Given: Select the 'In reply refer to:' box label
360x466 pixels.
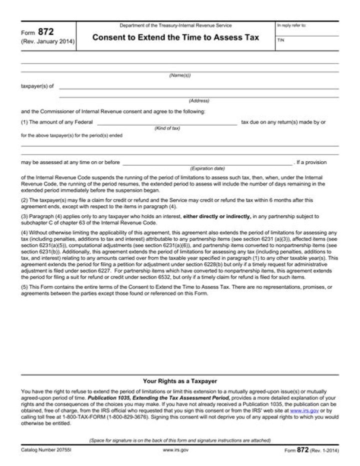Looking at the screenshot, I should (291, 25).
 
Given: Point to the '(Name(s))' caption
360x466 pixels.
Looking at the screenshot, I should (179, 75).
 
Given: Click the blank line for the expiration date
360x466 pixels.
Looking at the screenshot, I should (207, 163).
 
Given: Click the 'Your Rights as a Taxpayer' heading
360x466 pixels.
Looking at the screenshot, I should (179, 381).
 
